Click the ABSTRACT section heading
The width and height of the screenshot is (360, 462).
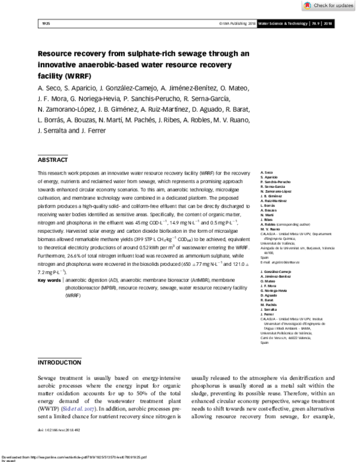click(53, 160)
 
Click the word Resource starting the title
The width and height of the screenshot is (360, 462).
click(57, 53)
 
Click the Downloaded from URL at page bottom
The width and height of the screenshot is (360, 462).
click(73, 455)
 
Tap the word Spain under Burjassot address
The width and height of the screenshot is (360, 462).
click(265, 242)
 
